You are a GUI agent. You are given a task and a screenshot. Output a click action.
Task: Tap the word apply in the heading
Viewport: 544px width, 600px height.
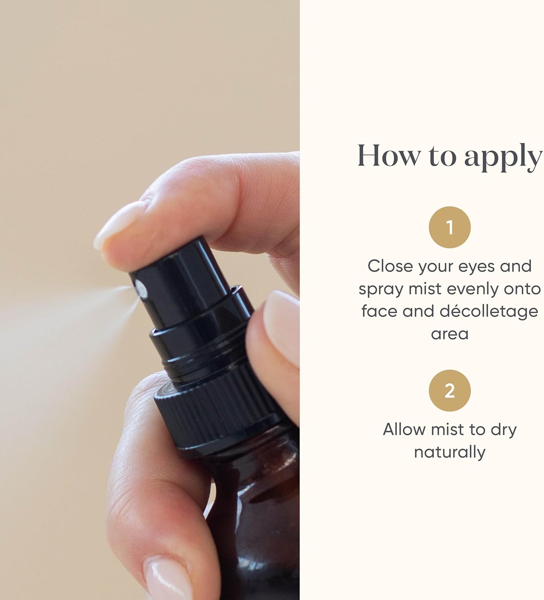pos(504,157)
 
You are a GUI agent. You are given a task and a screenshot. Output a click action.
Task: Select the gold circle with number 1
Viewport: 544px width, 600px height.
pos(450,227)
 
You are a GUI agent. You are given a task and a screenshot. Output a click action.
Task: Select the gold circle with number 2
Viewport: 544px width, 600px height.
pos(450,390)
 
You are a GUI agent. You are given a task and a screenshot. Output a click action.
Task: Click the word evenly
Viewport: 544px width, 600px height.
pos(472,289)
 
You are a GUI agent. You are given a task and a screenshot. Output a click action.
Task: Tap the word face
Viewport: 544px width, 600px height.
pos(379,311)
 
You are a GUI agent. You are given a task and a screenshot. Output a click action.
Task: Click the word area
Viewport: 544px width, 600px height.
pos(450,334)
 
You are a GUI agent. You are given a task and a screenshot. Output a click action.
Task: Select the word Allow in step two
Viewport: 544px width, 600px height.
pos(404,430)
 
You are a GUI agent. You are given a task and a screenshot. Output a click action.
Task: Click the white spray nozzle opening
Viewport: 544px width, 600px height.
pos(141,289)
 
